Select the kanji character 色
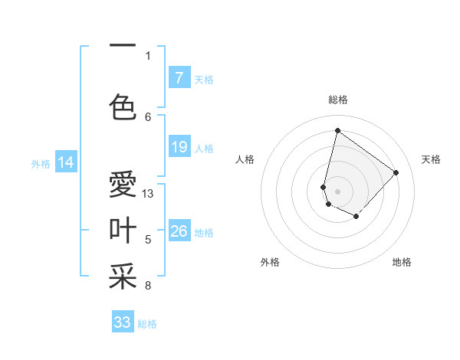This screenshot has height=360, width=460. pos(123,106)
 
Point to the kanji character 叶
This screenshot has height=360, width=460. pos(123,230)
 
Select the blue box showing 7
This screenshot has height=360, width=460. pos(179,77)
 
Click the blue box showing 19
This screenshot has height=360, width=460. pos(179,147)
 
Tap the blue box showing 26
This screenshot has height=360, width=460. pos(179,231)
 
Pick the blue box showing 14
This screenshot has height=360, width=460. pos(66,162)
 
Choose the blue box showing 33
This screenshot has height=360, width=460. pos(123,322)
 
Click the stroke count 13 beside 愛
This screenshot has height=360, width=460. pos(149,193)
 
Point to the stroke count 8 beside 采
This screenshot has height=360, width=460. pos(148,286)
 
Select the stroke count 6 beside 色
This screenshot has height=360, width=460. pos(148,116)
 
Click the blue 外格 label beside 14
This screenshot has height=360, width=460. pos(41,163)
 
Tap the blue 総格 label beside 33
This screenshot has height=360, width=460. pos(148,324)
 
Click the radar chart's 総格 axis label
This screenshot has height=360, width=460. pos(338,100)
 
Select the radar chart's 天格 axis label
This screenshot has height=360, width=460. pos(432,159)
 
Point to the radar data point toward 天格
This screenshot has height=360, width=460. pos(396,172)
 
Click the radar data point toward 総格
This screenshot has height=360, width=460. pos(337,130)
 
